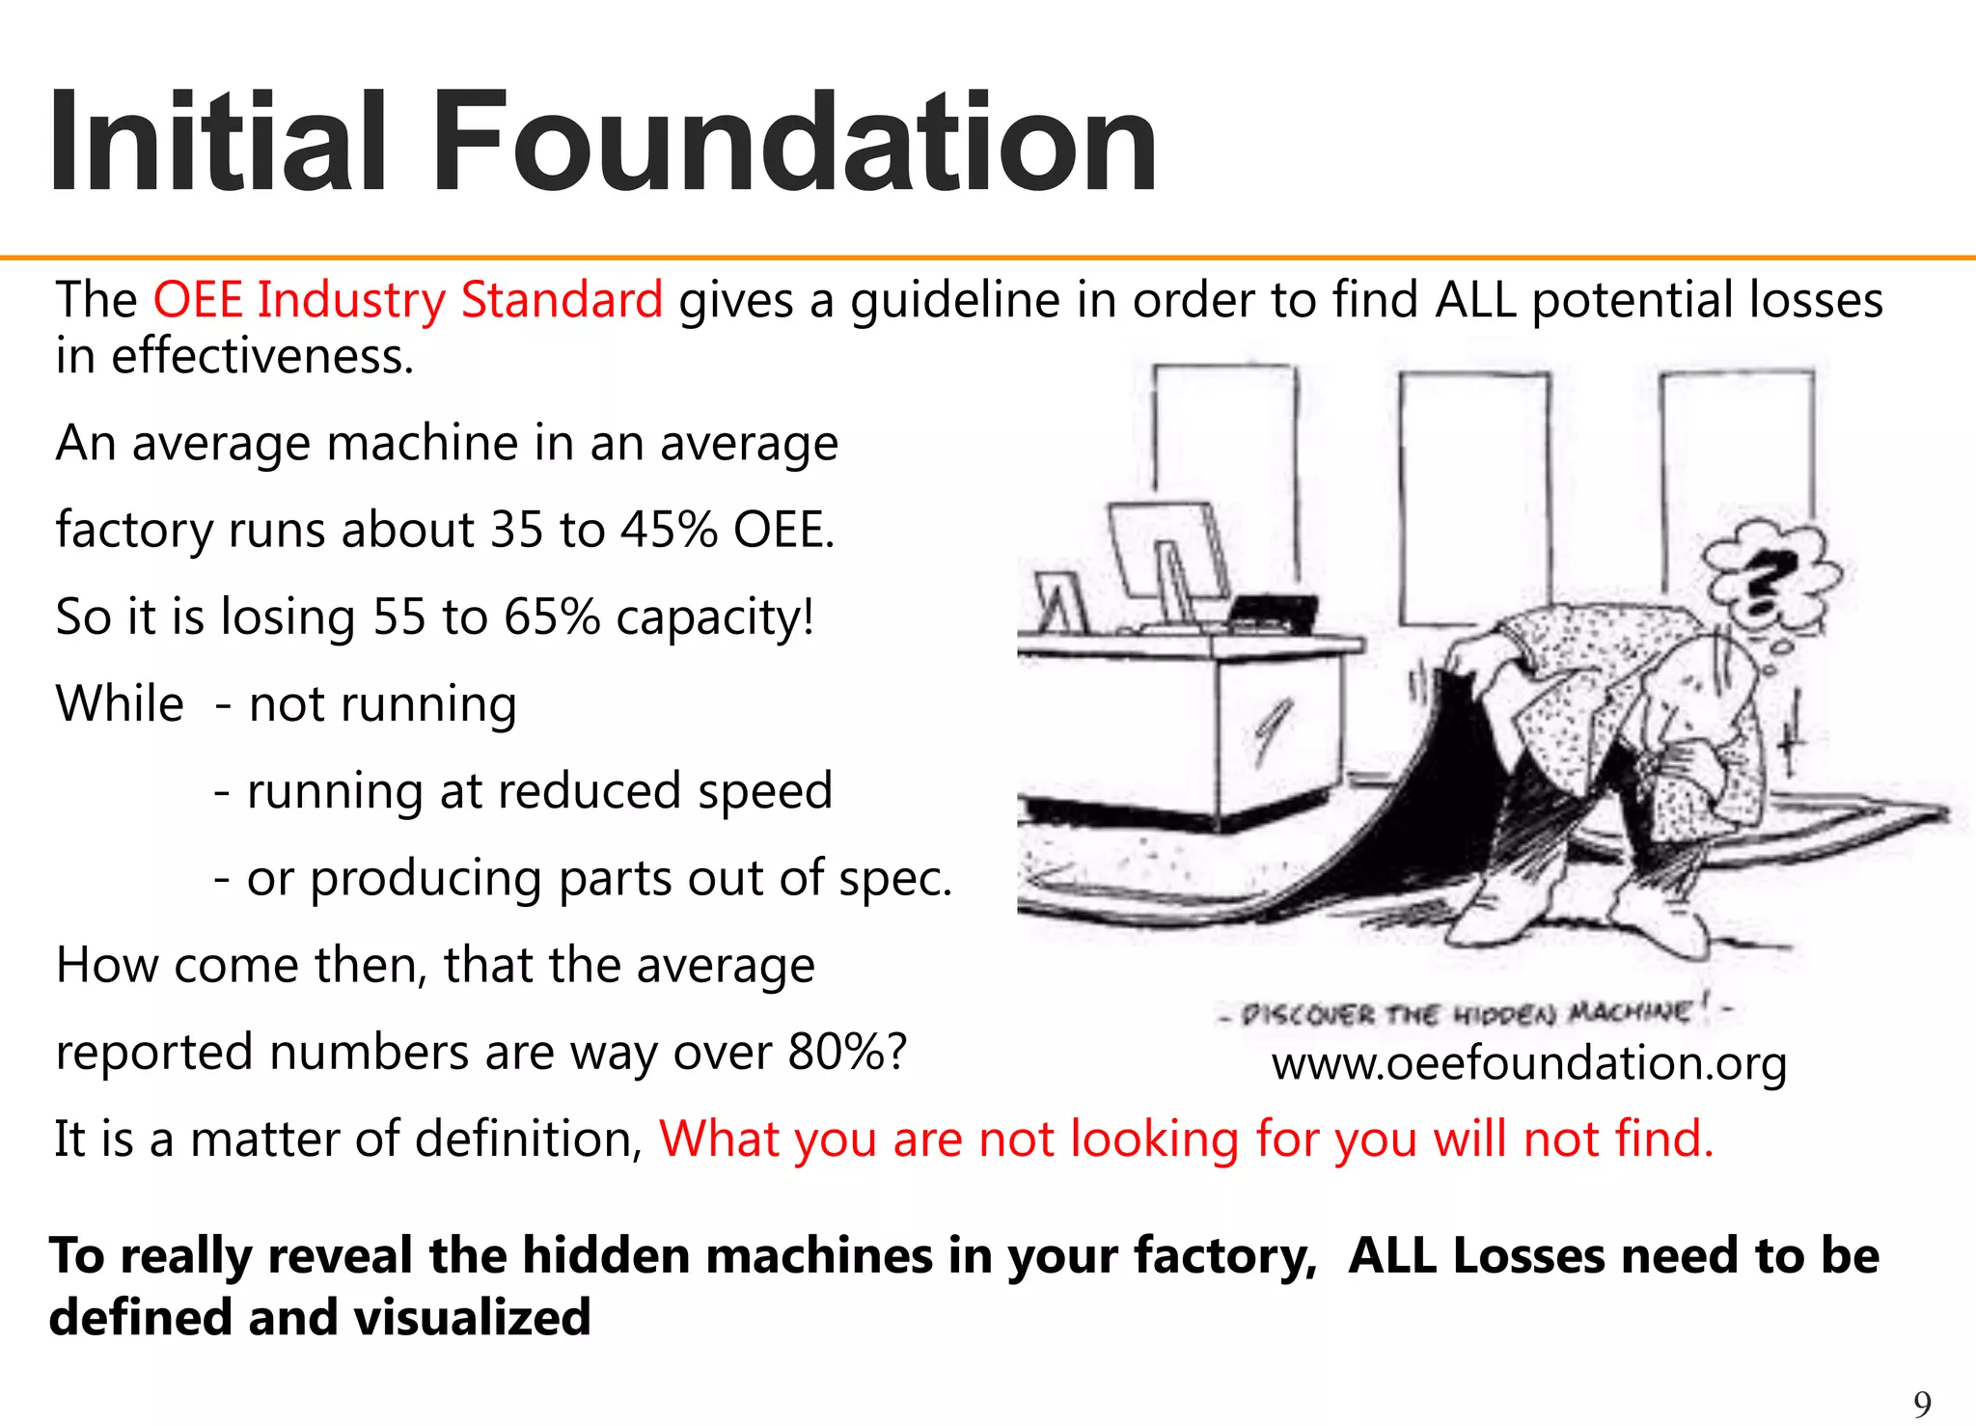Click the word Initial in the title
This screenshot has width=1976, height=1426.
(218, 142)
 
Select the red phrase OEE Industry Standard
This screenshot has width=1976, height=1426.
(408, 300)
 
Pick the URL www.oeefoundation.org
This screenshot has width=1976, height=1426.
(1529, 1063)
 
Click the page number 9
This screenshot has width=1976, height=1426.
(1922, 1404)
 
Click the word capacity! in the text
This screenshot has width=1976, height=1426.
(715, 617)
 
